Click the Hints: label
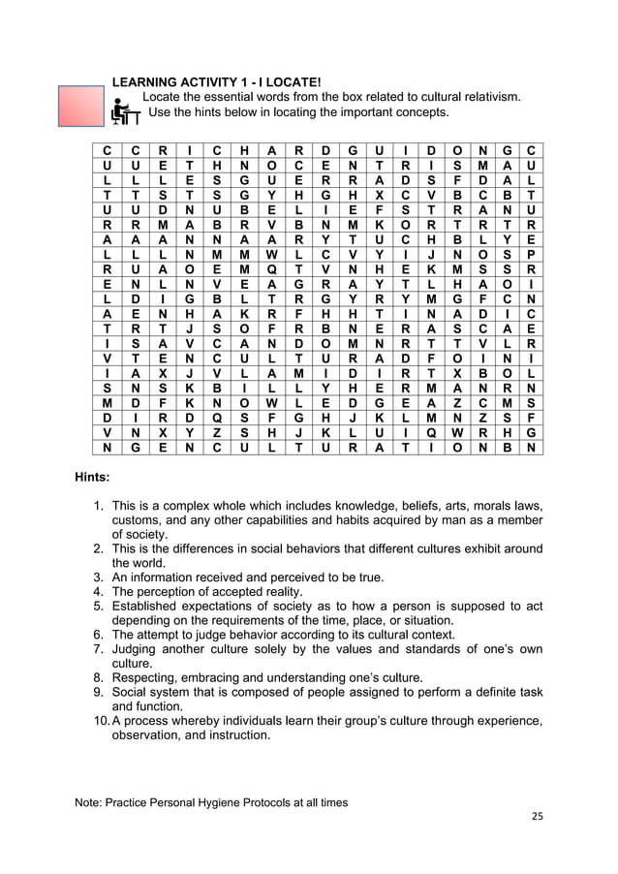pos(93,477)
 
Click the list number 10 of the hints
pos(100,720)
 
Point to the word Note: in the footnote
pos(91,802)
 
